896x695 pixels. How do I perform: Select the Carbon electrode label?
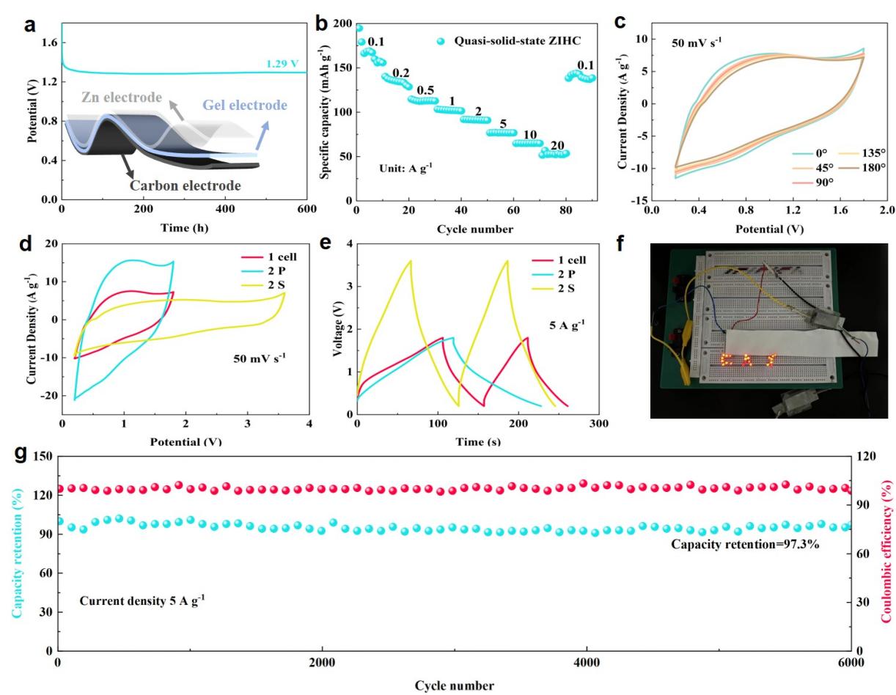[185, 185]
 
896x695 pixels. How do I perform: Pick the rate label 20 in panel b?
[557, 146]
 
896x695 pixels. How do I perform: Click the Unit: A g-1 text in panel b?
[406, 167]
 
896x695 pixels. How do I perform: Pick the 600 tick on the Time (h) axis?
[306, 209]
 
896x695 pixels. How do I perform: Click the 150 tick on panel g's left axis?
[43, 456]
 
